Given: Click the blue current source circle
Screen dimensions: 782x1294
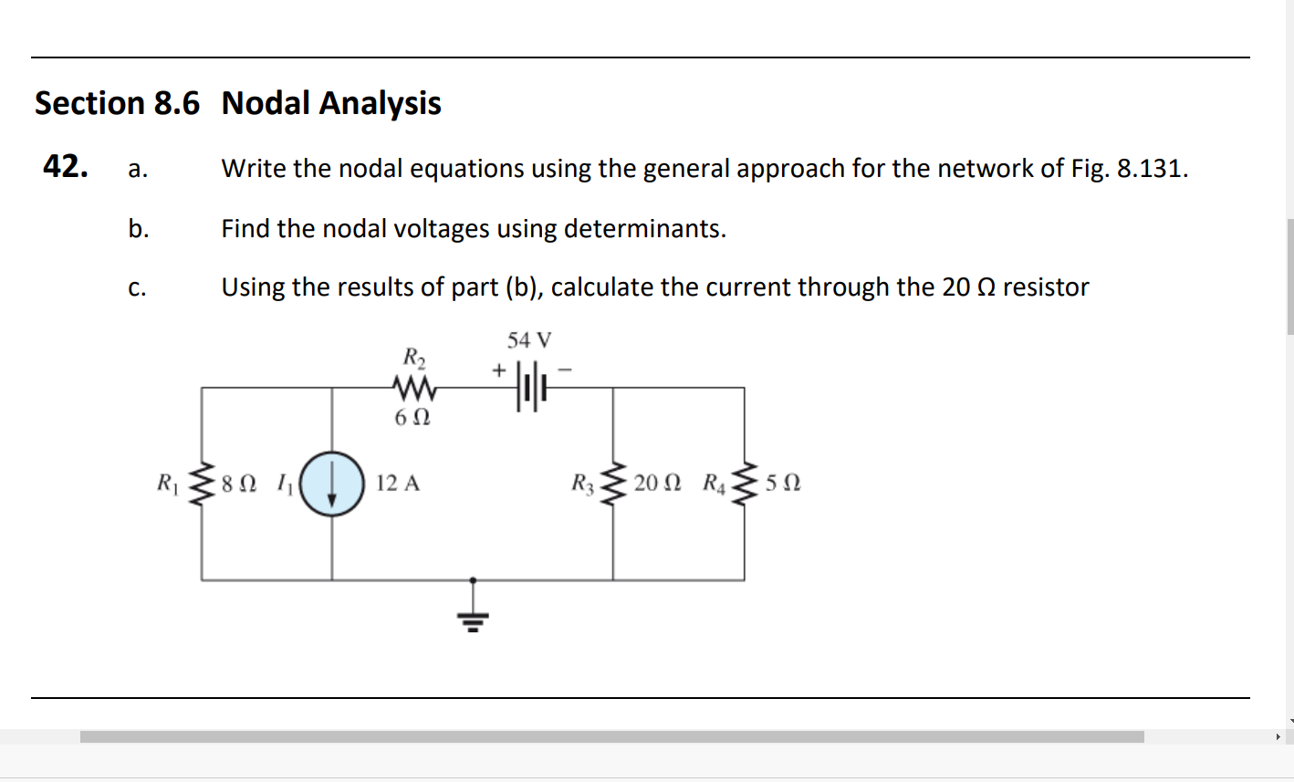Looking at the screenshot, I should (x=332, y=484).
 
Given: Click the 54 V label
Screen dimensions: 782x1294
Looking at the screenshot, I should (x=529, y=341).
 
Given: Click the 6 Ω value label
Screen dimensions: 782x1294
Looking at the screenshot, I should (x=412, y=418).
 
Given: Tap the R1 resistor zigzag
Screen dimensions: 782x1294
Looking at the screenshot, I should (x=202, y=484).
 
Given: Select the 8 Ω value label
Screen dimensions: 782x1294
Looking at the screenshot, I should (x=239, y=484).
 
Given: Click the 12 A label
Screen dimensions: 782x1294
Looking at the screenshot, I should (x=398, y=484).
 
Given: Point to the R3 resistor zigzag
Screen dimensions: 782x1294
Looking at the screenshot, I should (x=613, y=484).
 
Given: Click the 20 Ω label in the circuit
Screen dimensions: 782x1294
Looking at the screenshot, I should (x=657, y=484).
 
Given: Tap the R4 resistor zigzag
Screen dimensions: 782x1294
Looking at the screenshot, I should (x=745, y=484).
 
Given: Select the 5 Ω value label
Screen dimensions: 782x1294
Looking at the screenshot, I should (x=783, y=484).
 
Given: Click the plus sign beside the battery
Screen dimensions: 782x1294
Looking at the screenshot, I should (x=498, y=370).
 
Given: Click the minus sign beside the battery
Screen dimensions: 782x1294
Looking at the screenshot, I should (x=565, y=370).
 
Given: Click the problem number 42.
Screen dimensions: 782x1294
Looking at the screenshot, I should (x=66, y=166).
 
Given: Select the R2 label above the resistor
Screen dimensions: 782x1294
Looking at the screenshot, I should (x=414, y=355).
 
